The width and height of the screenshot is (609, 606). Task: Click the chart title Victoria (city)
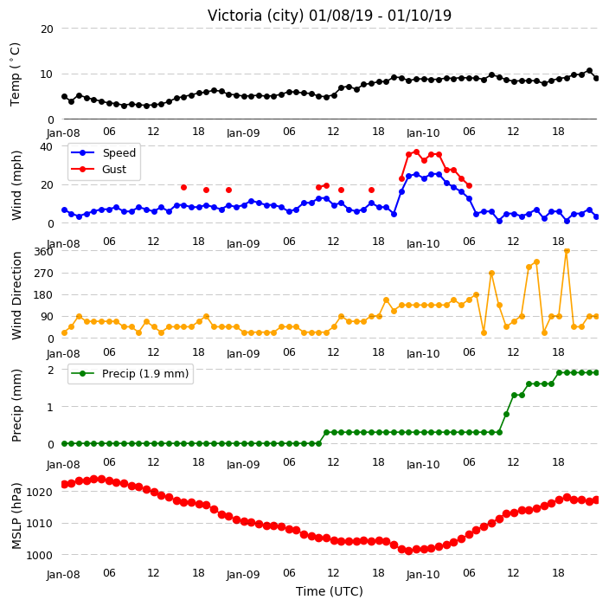coord(255,16)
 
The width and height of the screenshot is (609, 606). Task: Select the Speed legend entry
coord(103,152)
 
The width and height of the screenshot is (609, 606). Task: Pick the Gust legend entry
coord(99,169)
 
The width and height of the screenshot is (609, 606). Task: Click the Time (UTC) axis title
coord(330,591)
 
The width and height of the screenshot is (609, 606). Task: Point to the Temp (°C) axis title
coord(15,74)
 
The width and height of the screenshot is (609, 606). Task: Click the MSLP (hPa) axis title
coord(16,516)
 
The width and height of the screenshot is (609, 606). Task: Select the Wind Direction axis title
coord(16,296)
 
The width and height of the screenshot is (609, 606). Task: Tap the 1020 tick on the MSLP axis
coord(39,493)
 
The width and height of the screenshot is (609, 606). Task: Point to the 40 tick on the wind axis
coord(47,147)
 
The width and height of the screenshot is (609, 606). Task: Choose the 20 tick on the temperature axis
coord(47,29)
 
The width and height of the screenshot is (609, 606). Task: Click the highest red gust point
coord(416,152)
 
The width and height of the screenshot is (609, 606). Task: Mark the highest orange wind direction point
coord(567,251)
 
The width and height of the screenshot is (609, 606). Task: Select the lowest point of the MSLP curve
coord(408,551)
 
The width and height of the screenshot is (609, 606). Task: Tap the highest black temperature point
coord(589,71)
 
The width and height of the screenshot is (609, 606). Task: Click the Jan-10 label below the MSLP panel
coord(423,575)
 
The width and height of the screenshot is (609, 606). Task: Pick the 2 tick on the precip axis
coord(50,370)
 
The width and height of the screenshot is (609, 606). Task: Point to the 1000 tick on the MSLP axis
coord(39,555)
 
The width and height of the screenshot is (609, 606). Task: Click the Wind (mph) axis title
coord(16,186)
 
